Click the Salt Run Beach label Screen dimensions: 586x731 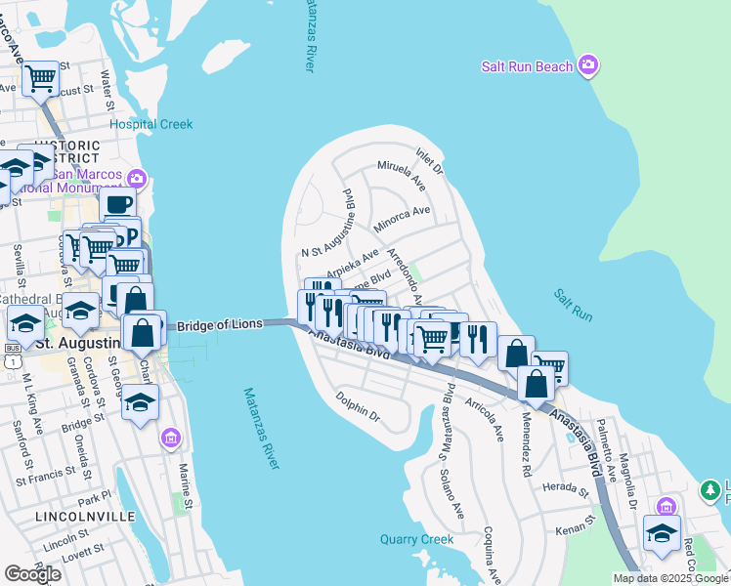pyautogui.click(x=527, y=66)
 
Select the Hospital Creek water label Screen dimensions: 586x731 pyautogui.click(x=150, y=124)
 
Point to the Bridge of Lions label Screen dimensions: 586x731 pyautogui.click(x=221, y=324)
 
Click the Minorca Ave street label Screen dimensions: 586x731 pyautogui.click(x=402, y=218)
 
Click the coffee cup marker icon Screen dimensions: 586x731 pyautogui.click(x=117, y=205)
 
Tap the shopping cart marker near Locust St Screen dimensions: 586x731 pyautogui.click(x=41, y=77)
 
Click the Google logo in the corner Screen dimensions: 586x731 pyautogui.click(x=32, y=574)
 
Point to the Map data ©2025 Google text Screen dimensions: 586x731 pyautogui.click(x=670, y=578)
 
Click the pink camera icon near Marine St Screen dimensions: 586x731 pyautogui.click(x=172, y=436)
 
